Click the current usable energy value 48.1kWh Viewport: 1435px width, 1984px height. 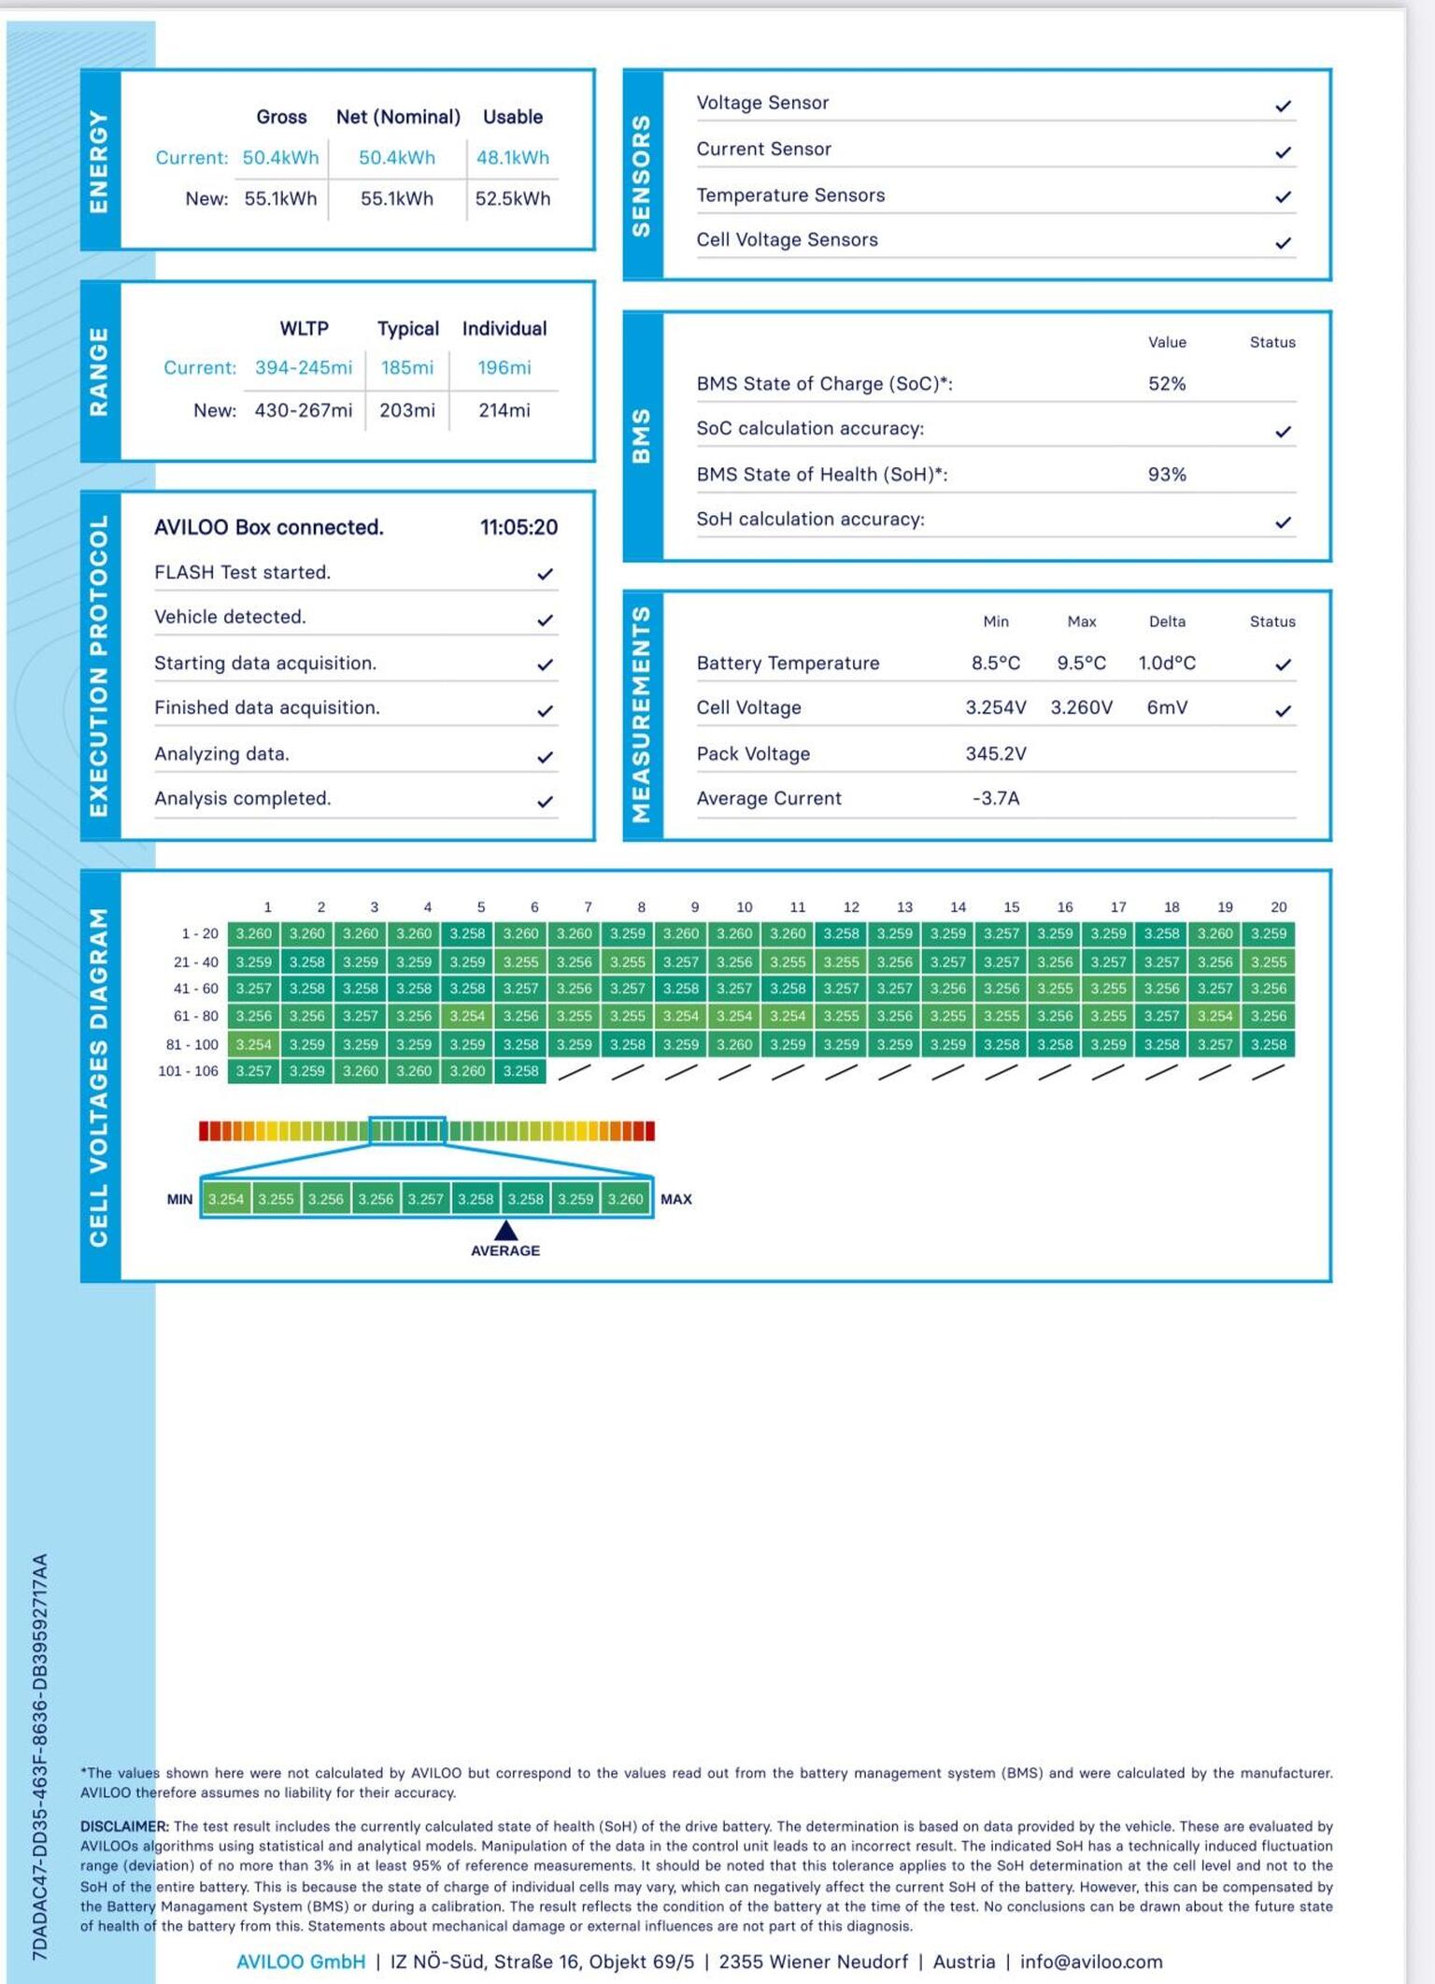pyautogui.click(x=513, y=158)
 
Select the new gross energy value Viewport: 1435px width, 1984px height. pyautogui.click(x=280, y=199)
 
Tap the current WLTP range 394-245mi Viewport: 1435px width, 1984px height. pyautogui.click(x=304, y=368)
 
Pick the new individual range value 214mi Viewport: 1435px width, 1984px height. pyautogui.click(x=504, y=410)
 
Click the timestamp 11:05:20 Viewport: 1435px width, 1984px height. pyautogui.click(x=519, y=528)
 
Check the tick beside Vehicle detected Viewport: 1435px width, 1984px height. pyautogui.click(x=546, y=620)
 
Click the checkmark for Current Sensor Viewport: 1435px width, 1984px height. pyautogui.click(x=1284, y=151)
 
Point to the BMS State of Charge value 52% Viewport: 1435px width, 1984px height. pyautogui.click(x=1167, y=384)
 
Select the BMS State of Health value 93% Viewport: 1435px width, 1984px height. pyautogui.click(x=1167, y=475)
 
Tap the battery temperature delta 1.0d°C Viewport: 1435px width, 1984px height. pyautogui.click(x=1167, y=664)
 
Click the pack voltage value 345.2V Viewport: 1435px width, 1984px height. pyautogui.click(x=996, y=754)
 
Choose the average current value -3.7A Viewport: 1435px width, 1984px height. pyautogui.click(x=996, y=799)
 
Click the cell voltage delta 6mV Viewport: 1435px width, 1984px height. pyautogui.click(x=1167, y=708)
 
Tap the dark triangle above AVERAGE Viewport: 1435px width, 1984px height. pyautogui.click(x=505, y=1231)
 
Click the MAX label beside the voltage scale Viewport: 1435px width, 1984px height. pyautogui.click(x=676, y=1200)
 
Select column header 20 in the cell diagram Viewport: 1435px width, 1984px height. pyautogui.click(x=1278, y=907)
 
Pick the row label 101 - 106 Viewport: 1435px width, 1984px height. pyautogui.click(x=188, y=1071)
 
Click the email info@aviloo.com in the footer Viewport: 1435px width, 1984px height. pyautogui.click(x=1091, y=1962)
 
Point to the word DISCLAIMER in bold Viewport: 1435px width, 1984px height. pyautogui.click(x=124, y=1826)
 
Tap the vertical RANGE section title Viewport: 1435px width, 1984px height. pyautogui.click(x=99, y=371)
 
